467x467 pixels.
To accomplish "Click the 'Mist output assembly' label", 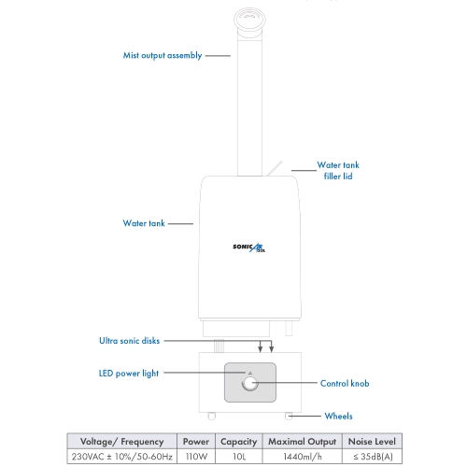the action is tap(163, 56).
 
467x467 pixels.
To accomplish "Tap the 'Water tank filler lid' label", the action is tap(338, 171).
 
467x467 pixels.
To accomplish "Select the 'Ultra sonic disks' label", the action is tap(129, 341).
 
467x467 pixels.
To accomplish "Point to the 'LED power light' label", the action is tap(129, 374).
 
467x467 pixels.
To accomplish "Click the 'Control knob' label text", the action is tap(345, 383).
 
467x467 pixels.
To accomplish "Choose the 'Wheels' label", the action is tap(338, 416).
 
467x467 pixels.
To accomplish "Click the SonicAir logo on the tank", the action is tap(249, 248).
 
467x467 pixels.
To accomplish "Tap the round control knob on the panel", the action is tap(249, 383).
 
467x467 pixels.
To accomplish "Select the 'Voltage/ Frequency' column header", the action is tap(122, 442).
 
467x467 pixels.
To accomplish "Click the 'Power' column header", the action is tap(196, 442).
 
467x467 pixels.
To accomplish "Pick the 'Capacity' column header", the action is tap(239, 442).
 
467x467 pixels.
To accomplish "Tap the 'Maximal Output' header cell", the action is tap(303, 442).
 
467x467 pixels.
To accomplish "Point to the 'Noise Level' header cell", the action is tap(372, 442).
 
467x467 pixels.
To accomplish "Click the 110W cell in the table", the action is tap(196, 457).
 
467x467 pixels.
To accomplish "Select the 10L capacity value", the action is tap(239, 457).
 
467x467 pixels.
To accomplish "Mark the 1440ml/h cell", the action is tap(303, 457).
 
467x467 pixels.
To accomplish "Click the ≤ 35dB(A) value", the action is tap(373, 457).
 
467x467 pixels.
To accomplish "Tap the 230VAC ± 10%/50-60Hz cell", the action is tap(122, 457).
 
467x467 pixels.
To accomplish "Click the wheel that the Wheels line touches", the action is tap(289, 416).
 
